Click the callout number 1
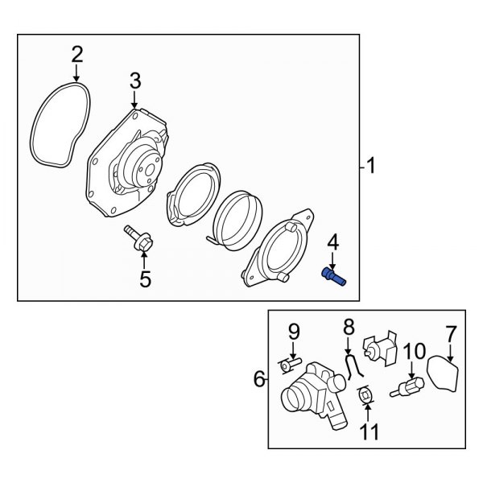point(370,167)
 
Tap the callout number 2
point(76,54)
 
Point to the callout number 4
point(332,242)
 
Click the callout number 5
point(145,280)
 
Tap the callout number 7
point(451,331)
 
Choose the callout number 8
point(349,327)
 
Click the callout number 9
point(294,331)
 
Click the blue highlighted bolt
point(332,276)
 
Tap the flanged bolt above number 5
point(137,238)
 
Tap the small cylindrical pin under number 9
point(288,366)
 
